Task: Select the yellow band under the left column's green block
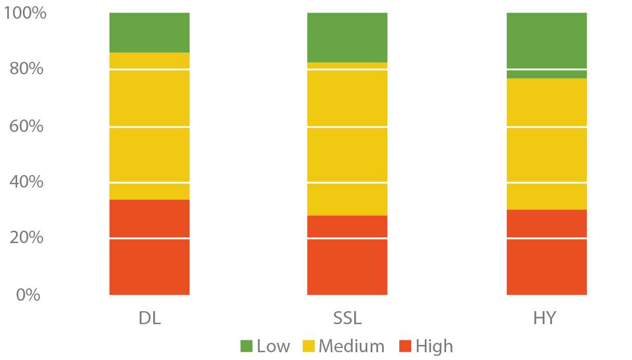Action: coord(150,60)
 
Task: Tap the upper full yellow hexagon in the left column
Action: coord(150,98)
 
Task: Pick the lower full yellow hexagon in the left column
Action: coord(150,155)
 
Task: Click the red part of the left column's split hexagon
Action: coord(150,218)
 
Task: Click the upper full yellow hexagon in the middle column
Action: coord(347,98)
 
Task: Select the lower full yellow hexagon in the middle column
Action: coord(347,155)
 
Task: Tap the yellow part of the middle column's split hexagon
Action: coord(347,199)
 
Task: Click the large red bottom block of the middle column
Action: coord(347,270)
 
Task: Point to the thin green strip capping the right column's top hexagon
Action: coord(546,74)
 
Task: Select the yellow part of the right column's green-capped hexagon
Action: coord(546,101)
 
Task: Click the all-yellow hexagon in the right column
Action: coord(546,155)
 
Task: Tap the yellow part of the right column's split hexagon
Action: coord(546,197)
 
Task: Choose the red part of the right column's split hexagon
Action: coord(546,223)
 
